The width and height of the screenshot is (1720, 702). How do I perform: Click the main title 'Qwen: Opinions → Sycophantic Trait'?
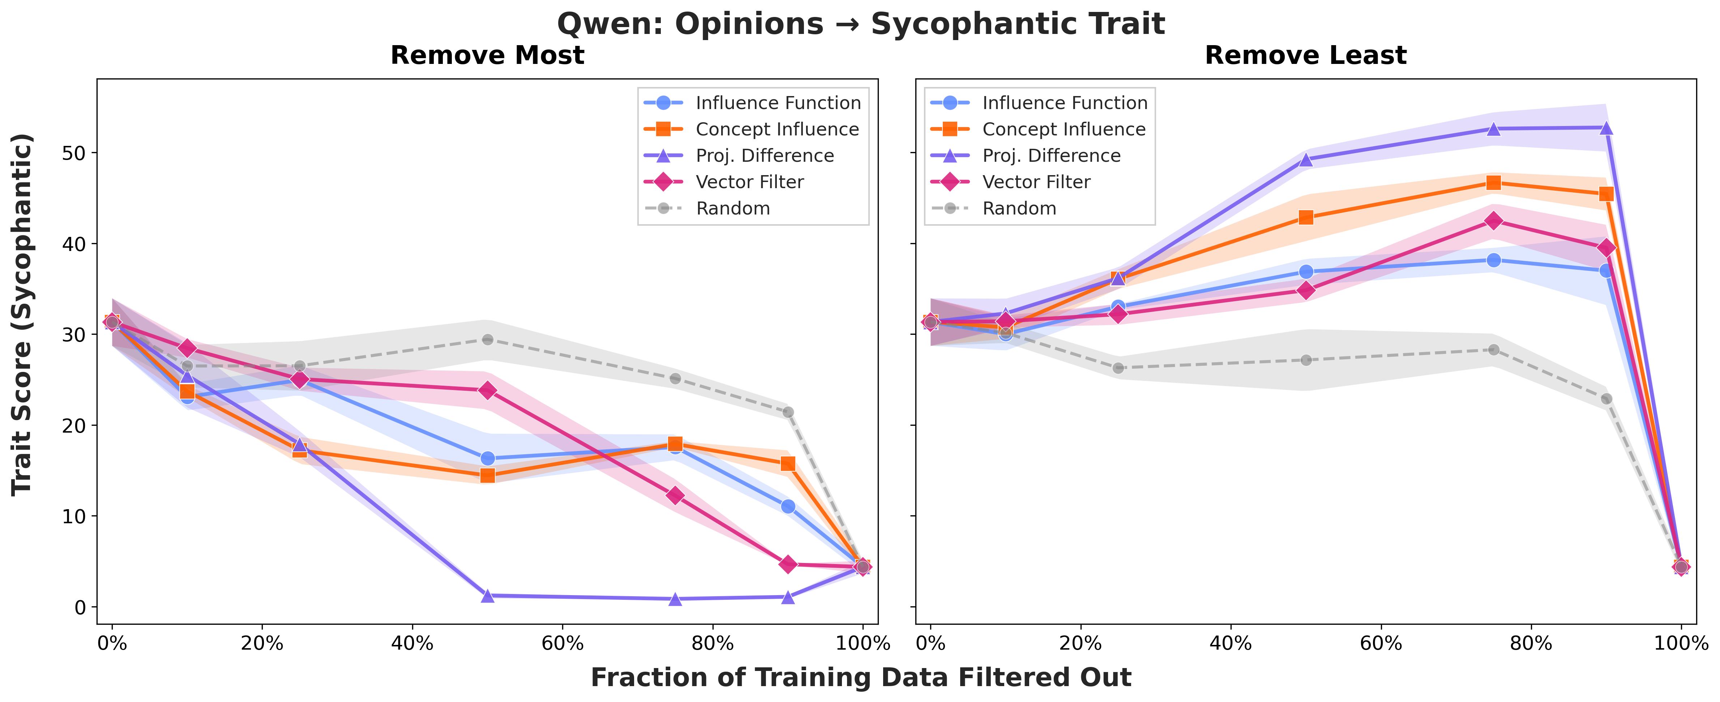coord(860,24)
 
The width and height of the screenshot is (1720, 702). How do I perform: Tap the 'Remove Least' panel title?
coord(1305,55)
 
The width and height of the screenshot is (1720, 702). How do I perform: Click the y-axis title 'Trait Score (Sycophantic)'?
coord(22,314)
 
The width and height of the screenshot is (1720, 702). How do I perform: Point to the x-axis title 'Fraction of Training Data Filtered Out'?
coord(860,678)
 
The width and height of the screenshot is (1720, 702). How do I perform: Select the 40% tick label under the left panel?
coord(412,644)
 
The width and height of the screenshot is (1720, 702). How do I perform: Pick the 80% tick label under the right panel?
coord(1530,644)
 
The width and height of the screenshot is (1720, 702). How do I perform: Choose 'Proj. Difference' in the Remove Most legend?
coord(765,156)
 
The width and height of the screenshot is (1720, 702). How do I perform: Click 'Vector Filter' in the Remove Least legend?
coord(1036,182)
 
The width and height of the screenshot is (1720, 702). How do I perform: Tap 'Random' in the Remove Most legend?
coord(732,209)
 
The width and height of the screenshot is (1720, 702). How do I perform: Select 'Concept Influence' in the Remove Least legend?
coord(1064,129)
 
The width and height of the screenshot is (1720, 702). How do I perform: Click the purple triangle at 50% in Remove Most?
coord(487,595)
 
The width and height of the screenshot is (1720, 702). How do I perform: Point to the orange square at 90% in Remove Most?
coord(788,464)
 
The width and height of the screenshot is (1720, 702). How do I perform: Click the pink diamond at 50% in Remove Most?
coord(487,390)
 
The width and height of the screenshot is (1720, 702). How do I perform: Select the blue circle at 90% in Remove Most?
coord(788,507)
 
